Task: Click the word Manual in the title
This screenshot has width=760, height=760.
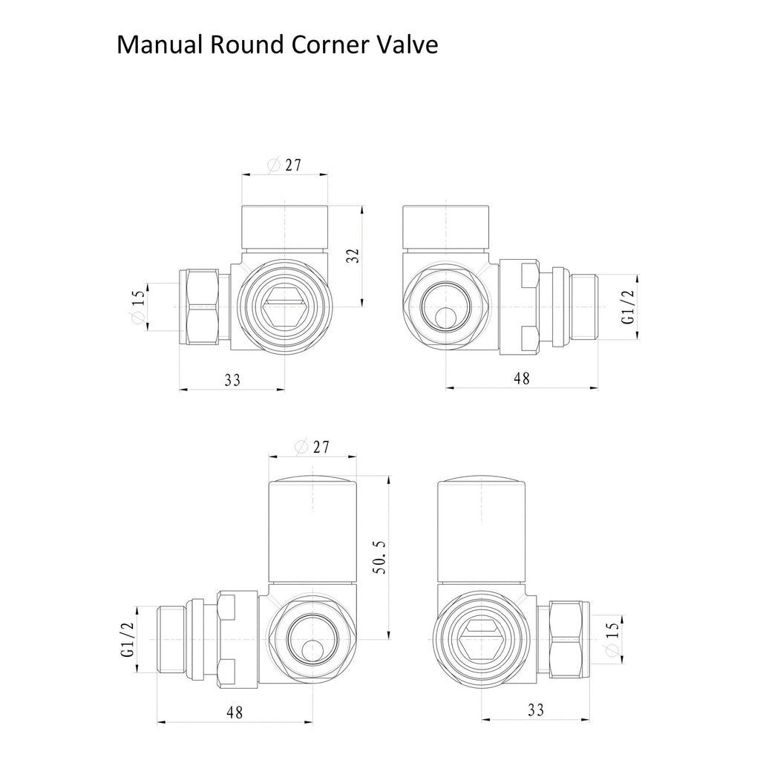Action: (x=160, y=45)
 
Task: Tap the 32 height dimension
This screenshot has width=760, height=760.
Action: (x=354, y=256)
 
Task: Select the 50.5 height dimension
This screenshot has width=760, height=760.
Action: (x=381, y=557)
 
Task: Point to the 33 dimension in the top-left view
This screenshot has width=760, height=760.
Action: (x=232, y=379)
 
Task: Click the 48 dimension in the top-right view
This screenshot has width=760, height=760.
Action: (x=522, y=378)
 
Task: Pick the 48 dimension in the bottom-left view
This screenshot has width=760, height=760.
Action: (x=235, y=712)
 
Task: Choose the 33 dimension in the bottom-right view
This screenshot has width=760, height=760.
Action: (x=536, y=710)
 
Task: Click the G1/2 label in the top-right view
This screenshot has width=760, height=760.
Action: (x=628, y=307)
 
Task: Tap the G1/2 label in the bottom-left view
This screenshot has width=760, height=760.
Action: (x=127, y=639)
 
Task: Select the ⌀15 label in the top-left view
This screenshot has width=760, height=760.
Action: (x=137, y=306)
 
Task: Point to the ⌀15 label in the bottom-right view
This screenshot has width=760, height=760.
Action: (x=612, y=638)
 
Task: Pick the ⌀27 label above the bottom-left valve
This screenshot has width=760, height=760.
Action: (x=312, y=446)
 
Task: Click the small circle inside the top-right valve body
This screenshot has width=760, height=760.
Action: (x=445, y=320)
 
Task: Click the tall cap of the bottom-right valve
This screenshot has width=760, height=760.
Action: (x=481, y=530)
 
